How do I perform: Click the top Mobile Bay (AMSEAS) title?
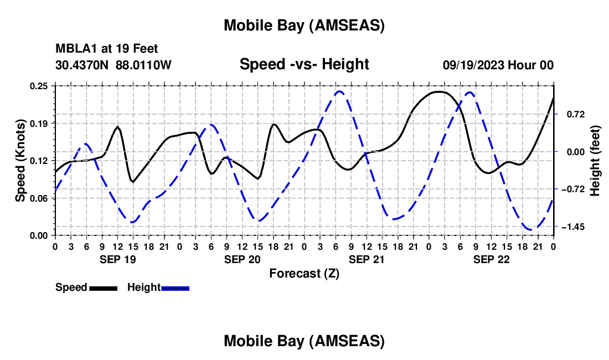(x=304, y=25)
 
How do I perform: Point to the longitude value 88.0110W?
(x=143, y=65)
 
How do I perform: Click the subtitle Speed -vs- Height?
(x=304, y=64)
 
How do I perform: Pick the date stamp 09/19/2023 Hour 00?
(x=498, y=65)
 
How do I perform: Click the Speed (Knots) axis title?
(x=20, y=160)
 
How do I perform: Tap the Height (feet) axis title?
(x=595, y=160)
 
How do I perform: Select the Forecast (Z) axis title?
(x=304, y=273)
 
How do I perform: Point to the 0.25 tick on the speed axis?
(x=39, y=86)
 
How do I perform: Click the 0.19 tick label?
(x=39, y=123)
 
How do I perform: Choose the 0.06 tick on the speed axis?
(x=39, y=198)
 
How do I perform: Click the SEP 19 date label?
(x=117, y=259)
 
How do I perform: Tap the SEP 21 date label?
(x=366, y=259)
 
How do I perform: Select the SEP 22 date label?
(x=491, y=259)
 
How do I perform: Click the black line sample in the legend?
(x=103, y=288)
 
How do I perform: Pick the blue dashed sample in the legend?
(x=176, y=288)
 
